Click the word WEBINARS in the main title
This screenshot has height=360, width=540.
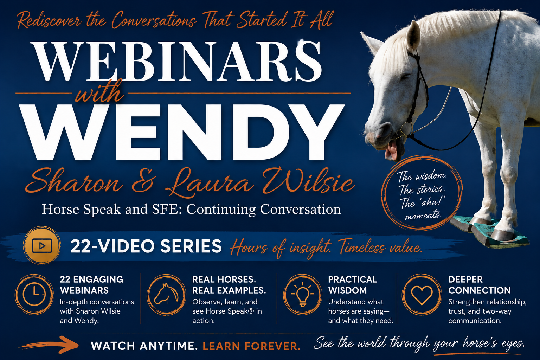(x=177, y=62)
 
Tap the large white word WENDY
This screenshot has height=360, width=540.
(x=182, y=133)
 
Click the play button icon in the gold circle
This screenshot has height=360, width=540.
(x=42, y=246)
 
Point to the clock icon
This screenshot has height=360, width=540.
(x=34, y=294)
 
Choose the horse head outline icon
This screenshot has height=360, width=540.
(x=166, y=294)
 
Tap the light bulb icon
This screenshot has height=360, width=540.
(x=302, y=294)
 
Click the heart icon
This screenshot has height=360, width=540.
(x=422, y=295)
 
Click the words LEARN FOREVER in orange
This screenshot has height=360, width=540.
(x=251, y=346)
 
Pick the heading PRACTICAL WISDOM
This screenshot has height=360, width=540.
(x=353, y=285)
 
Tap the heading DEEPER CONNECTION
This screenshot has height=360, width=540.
(x=479, y=285)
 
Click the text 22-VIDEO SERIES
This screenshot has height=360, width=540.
(x=146, y=246)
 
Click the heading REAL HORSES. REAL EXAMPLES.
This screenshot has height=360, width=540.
(x=229, y=285)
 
